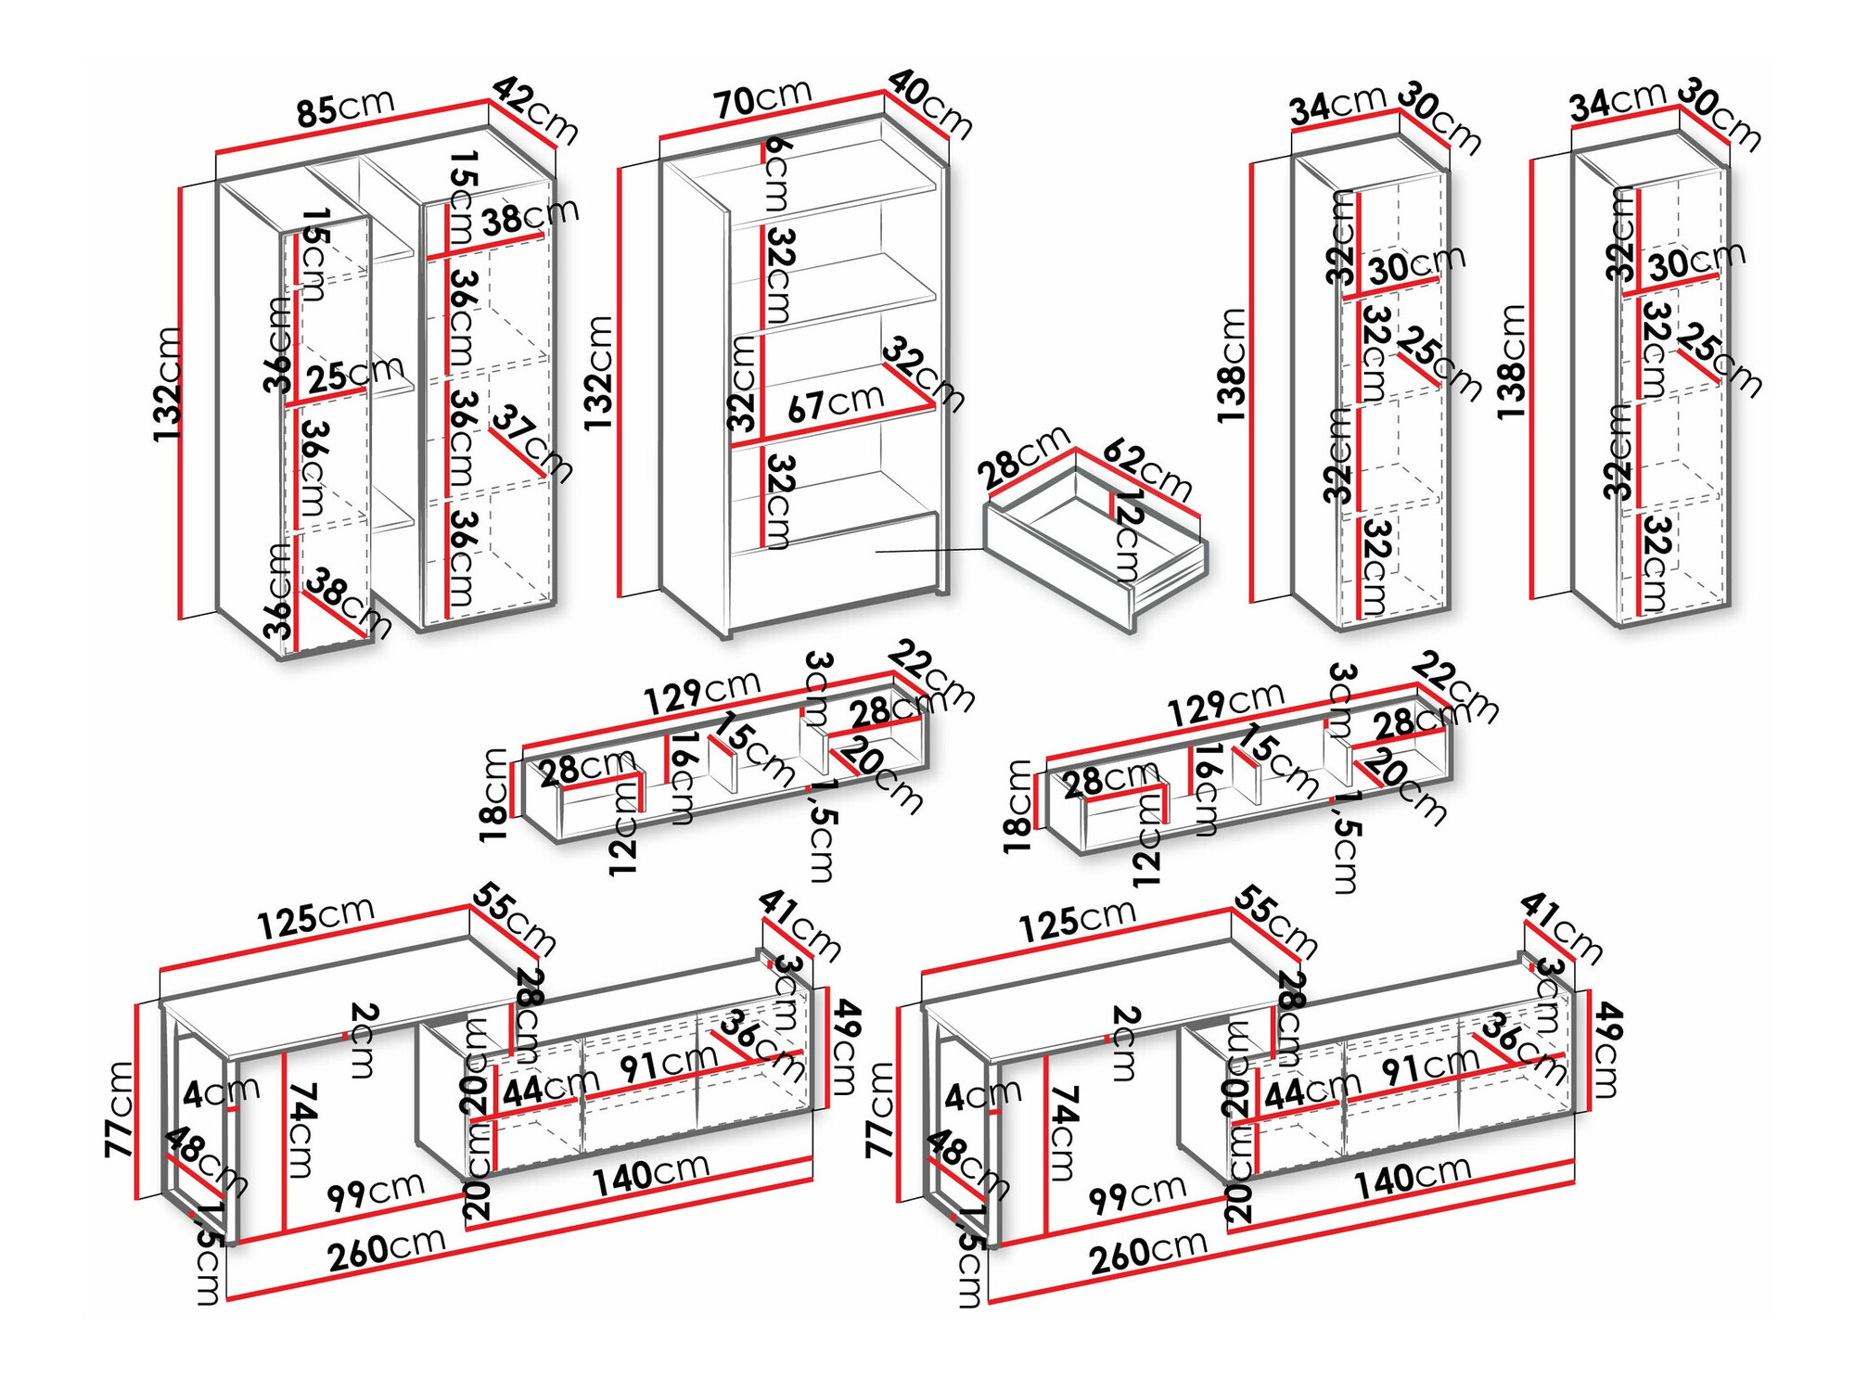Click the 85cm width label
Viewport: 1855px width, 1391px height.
coord(345,107)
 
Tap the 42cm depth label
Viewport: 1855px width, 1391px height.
coord(535,110)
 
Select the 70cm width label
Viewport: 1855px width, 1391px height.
coord(762,97)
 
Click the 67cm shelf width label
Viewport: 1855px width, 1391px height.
coord(835,403)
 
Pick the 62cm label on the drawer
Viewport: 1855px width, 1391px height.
coord(1147,471)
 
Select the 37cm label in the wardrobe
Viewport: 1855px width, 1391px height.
coord(531,442)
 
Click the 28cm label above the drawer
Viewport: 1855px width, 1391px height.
coord(1023,457)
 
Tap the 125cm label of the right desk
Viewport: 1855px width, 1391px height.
coord(1076,919)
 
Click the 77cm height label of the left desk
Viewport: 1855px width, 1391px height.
coord(120,1109)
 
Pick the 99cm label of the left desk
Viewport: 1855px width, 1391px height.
coord(375,1191)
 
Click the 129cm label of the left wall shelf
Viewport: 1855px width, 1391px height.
coord(701,691)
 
